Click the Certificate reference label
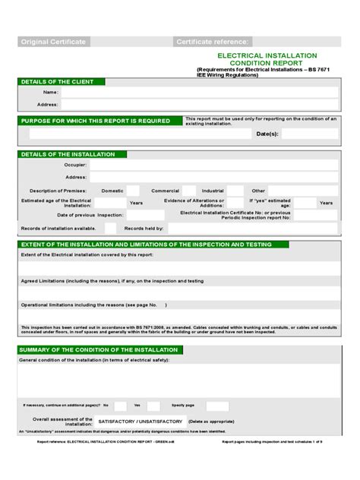pos(213,42)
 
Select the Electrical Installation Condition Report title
pos(257,59)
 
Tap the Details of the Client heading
pos(58,81)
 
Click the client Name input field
pos(199,93)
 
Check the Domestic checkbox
pos(133,191)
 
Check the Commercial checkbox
pos(190,191)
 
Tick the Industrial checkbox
pos(237,191)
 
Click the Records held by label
pos(144,228)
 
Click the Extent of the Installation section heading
pos(152,245)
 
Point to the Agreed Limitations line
pos(112,280)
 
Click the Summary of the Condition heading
pos(99,350)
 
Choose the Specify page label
pos(183,406)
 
